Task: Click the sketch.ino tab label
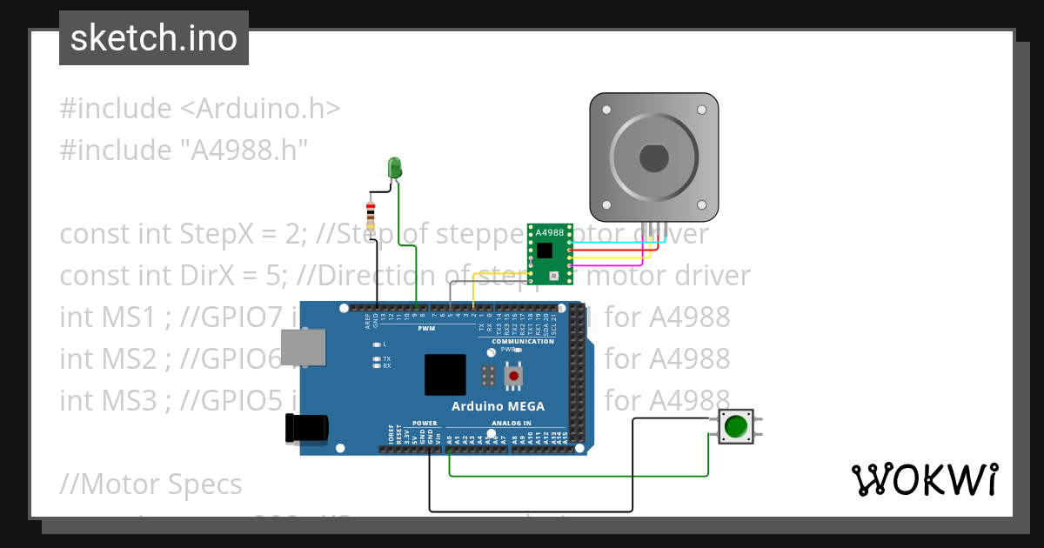click(154, 38)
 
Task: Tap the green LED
click(394, 167)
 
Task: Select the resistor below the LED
click(371, 214)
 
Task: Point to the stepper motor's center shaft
click(654, 158)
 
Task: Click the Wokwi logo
click(924, 479)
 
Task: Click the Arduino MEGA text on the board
click(498, 406)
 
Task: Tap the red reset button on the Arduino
click(515, 376)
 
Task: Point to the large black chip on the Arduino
click(445, 375)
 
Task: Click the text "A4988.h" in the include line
click(244, 150)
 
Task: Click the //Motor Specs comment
click(151, 483)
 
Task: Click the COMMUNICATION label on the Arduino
click(522, 342)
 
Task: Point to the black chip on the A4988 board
click(545, 251)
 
